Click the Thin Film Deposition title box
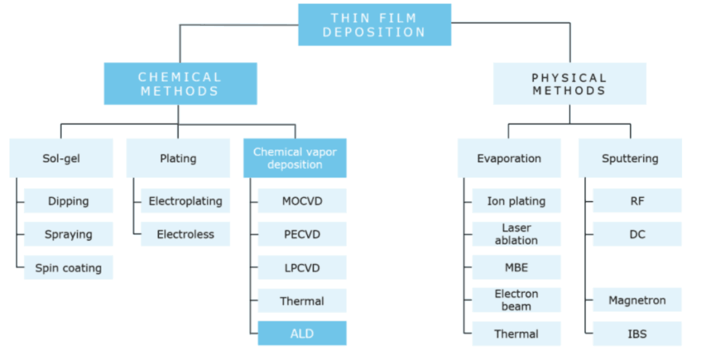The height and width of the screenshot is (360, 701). click(375, 25)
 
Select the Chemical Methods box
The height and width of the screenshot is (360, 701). click(180, 84)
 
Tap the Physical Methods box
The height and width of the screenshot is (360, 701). click(569, 84)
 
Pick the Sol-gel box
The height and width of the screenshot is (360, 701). click(61, 158)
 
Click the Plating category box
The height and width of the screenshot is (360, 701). click(178, 158)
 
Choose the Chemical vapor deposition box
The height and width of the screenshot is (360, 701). click(295, 158)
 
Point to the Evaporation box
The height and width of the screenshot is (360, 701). click(509, 158)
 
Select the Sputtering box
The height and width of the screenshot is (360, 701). click(630, 158)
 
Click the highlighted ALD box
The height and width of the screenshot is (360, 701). click(302, 333)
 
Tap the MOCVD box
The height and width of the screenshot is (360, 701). click(302, 201)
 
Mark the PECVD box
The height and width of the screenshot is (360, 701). click(302, 234)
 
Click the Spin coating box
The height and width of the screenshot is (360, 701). click(68, 267)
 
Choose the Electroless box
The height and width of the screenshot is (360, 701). click(185, 234)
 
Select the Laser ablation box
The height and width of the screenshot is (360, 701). click(516, 234)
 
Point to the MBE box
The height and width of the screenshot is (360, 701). click(516, 267)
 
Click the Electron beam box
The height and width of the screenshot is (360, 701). click(516, 300)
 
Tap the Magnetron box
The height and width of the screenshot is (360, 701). click(637, 300)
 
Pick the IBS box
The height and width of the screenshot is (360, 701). click(637, 333)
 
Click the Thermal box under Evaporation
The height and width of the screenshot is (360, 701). click(516, 333)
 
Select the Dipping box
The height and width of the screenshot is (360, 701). click(68, 201)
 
